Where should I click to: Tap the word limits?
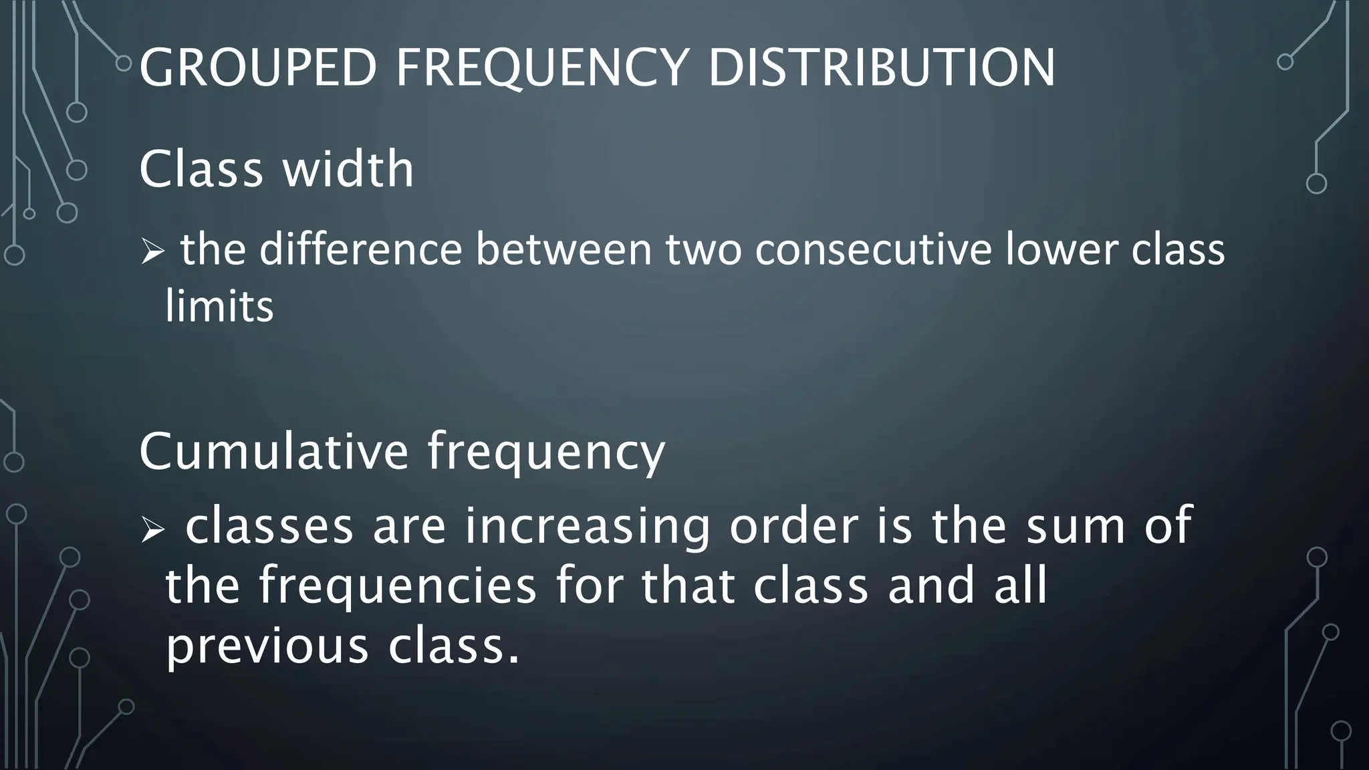(x=219, y=307)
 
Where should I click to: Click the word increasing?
(x=588, y=526)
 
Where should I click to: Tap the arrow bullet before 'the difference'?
(x=152, y=253)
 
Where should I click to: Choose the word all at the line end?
(x=1020, y=585)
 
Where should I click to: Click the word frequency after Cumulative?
(x=546, y=453)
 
